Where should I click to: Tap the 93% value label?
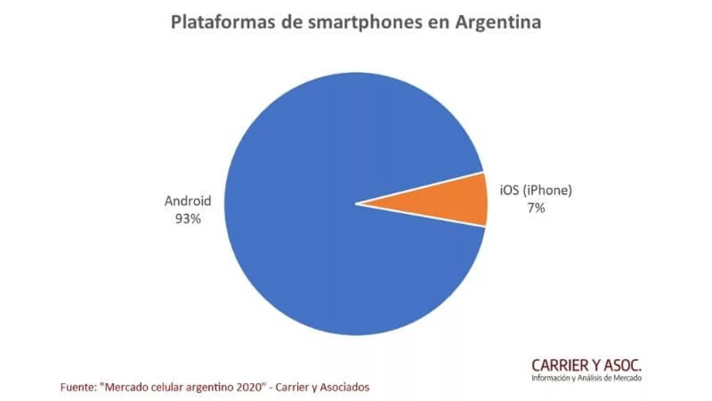[x=188, y=219]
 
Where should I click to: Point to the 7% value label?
[x=536, y=208]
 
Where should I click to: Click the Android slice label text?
[x=188, y=201]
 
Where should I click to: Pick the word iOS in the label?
[x=509, y=190]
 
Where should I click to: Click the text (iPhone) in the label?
[x=547, y=190]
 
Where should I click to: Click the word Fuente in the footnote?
[x=77, y=387]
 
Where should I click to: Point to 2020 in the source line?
[x=252, y=387]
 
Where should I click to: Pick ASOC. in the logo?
[x=623, y=366]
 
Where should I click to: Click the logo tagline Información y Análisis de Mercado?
[x=587, y=378]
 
